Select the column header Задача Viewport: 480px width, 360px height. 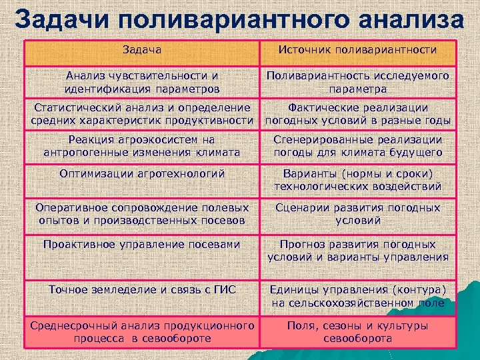coord(141,50)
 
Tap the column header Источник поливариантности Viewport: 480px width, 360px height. coord(357,50)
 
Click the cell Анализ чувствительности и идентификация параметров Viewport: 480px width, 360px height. coord(141,82)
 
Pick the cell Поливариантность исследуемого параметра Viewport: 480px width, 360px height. coord(357,82)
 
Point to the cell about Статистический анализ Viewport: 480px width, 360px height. coord(141,114)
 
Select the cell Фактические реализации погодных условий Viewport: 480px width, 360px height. coord(357,114)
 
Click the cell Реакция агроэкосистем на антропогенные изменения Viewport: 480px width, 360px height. coord(141,146)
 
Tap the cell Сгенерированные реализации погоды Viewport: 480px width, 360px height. coord(357,146)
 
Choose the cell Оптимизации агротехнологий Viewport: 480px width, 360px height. coord(141,174)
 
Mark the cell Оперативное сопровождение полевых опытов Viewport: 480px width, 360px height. coord(141,214)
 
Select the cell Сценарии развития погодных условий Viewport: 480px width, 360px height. coord(357,214)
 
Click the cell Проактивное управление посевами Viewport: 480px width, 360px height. coord(141,245)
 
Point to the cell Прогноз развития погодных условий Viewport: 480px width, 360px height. coord(357,251)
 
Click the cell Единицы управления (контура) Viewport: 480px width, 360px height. coord(357,296)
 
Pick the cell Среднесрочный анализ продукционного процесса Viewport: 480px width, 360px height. coord(141,331)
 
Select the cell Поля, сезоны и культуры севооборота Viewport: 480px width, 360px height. coord(357,331)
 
